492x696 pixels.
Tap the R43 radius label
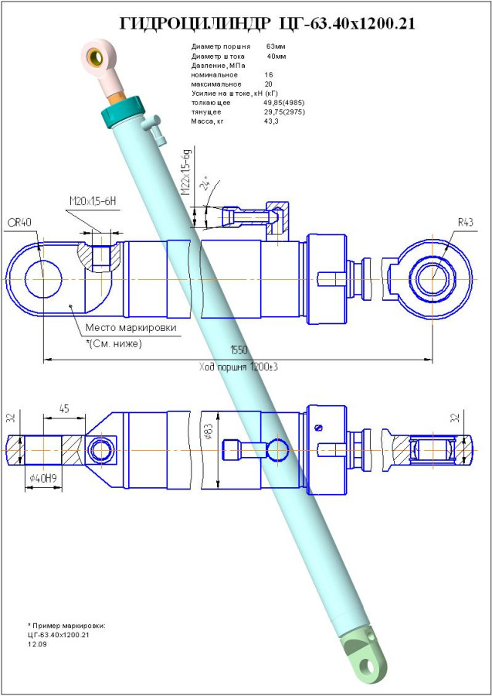465,223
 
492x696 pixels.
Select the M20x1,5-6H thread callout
92,202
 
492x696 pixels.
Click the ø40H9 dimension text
46,479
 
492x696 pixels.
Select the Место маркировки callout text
131,328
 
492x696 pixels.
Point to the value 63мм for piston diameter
276,47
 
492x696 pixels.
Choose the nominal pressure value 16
268,75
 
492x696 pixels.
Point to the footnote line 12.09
37,643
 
